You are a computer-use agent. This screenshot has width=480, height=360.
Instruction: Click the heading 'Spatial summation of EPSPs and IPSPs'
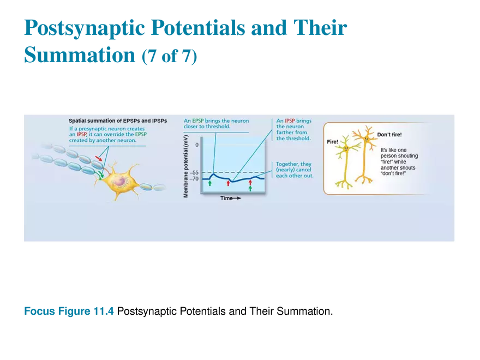(x=118, y=121)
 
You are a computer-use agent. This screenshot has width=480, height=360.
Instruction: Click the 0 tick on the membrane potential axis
(x=197, y=145)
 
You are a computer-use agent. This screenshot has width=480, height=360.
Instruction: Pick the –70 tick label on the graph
(x=194, y=179)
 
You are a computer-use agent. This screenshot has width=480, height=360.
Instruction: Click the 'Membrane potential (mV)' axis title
(x=186, y=166)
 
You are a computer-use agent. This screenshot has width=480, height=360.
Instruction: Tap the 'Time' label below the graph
(x=227, y=198)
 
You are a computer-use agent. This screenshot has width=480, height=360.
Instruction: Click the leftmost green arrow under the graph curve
(x=209, y=184)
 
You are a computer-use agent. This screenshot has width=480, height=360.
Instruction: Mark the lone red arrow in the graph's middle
(x=229, y=183)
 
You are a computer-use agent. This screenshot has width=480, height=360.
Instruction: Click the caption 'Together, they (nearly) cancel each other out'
(x=295, y=170)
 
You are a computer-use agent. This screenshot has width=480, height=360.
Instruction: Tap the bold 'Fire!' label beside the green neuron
(x=332, y=142)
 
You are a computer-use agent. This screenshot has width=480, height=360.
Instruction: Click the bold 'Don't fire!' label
(x=389, y=134)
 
